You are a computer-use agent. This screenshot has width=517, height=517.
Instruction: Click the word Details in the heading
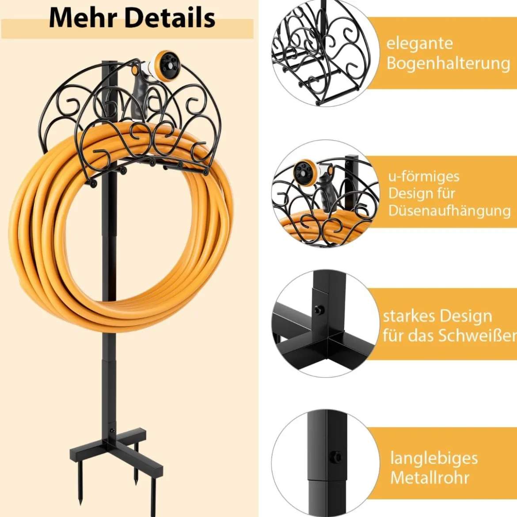pyautogui.click(x=171, y=18)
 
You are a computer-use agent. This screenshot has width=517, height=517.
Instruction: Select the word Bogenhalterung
pyautogui.click(x=449, y=63)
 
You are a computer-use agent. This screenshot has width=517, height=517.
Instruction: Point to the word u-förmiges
pyautogui.click(x=424, y=176)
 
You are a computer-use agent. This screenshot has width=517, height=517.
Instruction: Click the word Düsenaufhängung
pyautogui.click(x=449, y=211)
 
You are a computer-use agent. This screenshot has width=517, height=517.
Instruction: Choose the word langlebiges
pyautogui.click(x=434, y=459)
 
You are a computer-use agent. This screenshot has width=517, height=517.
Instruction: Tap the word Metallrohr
pyautogui.click(x=430, y=477)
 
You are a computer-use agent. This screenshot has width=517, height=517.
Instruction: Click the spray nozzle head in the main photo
pyautogui.click(x=166, y=64)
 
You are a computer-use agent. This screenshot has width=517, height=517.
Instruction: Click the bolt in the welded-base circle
pyautogui.click(x=319, y=310)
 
